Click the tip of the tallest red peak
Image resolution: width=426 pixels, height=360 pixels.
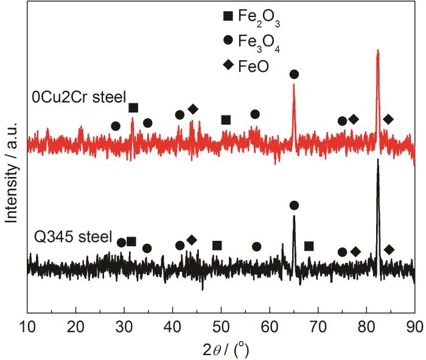378,51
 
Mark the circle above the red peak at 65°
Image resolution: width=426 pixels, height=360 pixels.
294,74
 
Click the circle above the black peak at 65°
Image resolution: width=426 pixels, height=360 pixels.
294,206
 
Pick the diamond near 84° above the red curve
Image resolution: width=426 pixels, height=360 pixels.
388,119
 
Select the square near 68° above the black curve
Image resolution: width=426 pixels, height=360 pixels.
309,246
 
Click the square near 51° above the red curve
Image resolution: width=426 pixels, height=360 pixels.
226,120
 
